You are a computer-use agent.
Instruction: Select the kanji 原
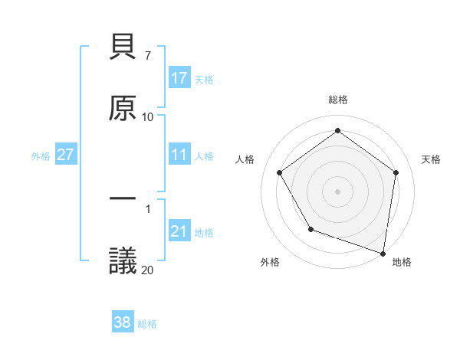(x=123, y=108)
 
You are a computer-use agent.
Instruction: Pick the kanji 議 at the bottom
(x=123, y=260)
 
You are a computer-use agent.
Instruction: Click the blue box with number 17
(x=179, y=78)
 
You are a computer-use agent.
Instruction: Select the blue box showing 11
(x=179, y=155)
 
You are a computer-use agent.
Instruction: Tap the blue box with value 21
(x=179, y=231)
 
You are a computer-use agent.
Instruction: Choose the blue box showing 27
(x=65, y=155)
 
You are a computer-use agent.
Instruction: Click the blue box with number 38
(x=123, y=322)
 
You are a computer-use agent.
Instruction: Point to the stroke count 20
(x=147, y=270)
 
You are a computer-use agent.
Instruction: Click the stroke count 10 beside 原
(x=147, y=117)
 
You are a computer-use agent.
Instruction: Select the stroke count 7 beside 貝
(x=147, y=56)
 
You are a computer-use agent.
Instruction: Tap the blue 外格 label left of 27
(x=41, y=155)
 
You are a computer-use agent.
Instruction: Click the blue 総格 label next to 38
(x=147, y=324)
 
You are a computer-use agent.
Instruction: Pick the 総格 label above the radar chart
(x=338, y=100)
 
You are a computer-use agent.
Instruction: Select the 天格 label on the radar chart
(x=431, y=159)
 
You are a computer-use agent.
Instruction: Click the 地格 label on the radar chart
(x=402, y=262)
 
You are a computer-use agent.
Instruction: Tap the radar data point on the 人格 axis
(x=280, y=172)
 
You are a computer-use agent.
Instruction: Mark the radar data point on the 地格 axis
(x=383, y=252)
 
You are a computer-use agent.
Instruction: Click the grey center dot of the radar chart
(x=338, y=191)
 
